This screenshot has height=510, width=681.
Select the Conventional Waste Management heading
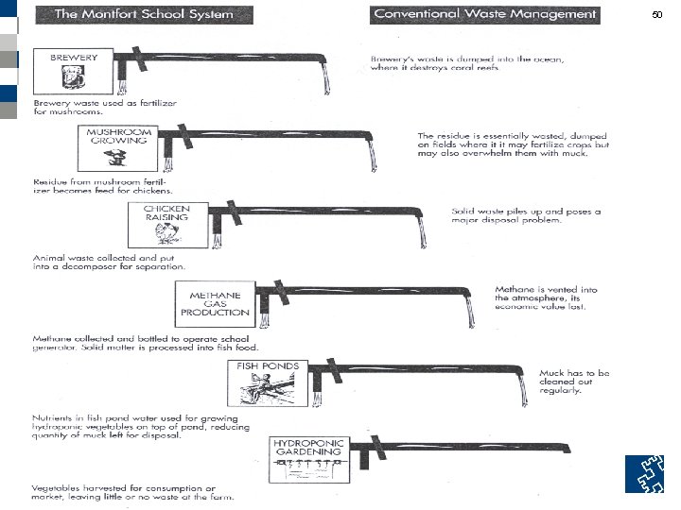(x=485, y=14)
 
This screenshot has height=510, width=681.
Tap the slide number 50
(x=658, y=16)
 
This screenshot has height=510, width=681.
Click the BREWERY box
(x=74, y=73)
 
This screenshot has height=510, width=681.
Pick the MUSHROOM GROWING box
(x=120, y=144)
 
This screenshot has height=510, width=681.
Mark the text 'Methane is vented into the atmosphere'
(x=545, y=297)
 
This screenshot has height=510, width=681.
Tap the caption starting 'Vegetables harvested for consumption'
(x=132, y=491)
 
